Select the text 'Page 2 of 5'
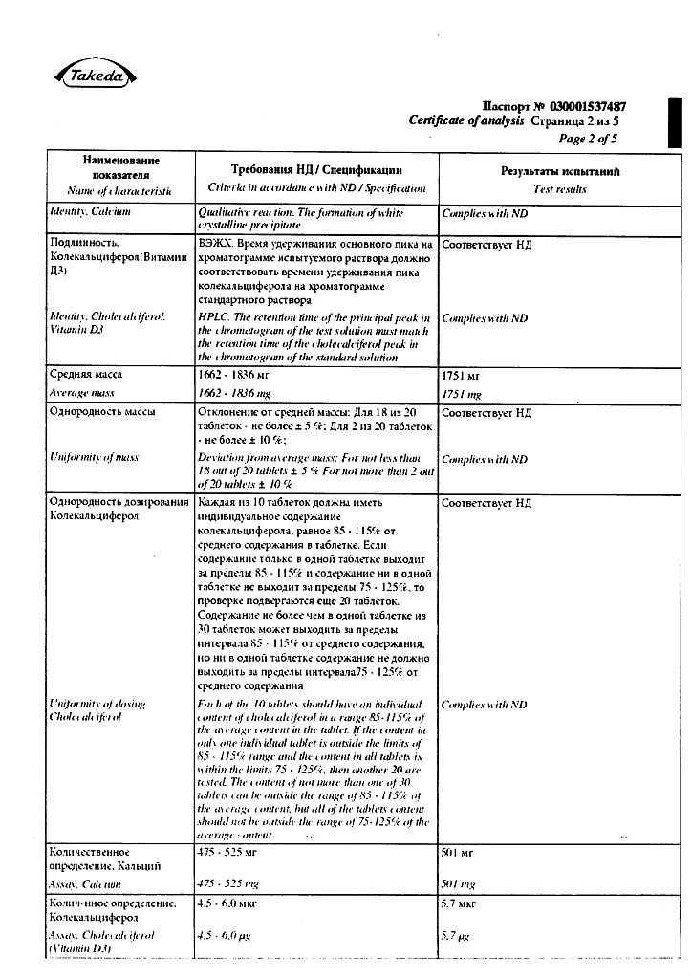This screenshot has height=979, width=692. tap(588, 139)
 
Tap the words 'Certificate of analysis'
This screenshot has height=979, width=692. tap(466, 121)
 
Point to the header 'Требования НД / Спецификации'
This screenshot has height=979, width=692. tap(316, 167)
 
